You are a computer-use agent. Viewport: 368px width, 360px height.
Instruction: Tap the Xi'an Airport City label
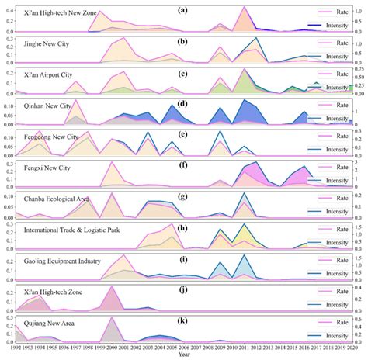(x=50, y=75)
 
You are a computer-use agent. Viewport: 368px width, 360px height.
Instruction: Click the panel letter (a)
(x=181, y=9)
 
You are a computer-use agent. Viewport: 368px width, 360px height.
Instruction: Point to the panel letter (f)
(x=181, y=164)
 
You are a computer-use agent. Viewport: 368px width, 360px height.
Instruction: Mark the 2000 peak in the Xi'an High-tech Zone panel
(x=111, y=287)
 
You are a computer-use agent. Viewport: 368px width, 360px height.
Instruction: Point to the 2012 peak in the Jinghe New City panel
(x=257, y=38)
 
